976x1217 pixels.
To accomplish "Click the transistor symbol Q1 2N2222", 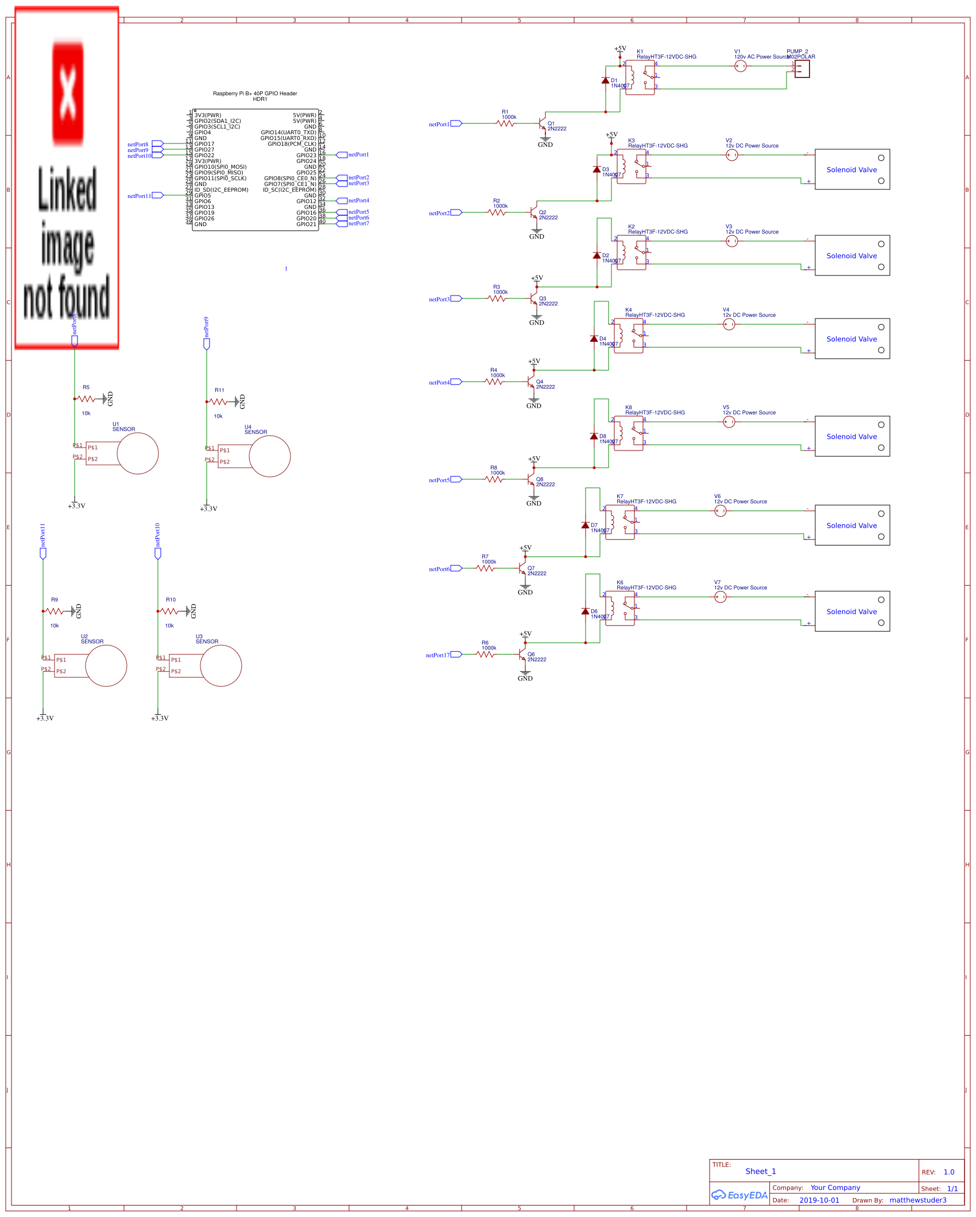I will click(543, 124).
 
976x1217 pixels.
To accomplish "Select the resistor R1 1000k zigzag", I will click(505, 123).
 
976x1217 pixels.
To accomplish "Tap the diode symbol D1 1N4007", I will click(605, 81).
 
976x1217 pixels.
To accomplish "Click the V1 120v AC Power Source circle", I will click(741, 66).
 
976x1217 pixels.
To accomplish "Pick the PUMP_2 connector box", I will click(801, 69).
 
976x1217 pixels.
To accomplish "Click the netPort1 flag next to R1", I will click(456, 123).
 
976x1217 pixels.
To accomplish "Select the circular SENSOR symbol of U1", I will click(138, 453).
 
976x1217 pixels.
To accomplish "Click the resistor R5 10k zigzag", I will click(86, 399).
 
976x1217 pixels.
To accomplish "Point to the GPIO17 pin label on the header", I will click(204, 144).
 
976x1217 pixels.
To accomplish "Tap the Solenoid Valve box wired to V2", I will click(852, 169).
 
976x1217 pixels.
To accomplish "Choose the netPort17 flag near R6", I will click(456, 654).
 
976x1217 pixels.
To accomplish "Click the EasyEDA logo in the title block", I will click(739, 1195).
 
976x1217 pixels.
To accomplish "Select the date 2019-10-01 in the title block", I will click(819, 1200).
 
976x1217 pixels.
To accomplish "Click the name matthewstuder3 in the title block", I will click(917, 1200).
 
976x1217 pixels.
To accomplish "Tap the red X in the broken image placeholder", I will click(68, 92).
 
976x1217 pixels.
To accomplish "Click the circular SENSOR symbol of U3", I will click(221, 666).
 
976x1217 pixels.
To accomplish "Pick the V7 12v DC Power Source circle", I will click(721, 597).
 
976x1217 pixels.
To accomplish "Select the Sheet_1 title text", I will click(760, 1171).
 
